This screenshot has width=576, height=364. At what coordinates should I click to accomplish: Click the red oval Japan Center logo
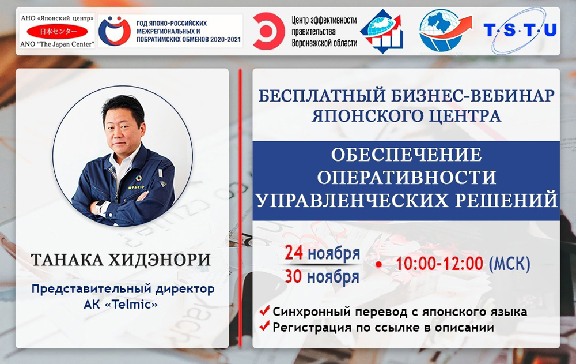pyautogui.click(x=57, y=32)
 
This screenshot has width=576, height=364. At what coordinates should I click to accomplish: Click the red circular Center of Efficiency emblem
pyautogui.click(x=268, y=31)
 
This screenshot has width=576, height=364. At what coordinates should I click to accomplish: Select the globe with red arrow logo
pyautogui.click(x=446, y=30)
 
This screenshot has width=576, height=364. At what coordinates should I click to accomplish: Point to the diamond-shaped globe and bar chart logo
pyautogui.click(x=382, y=31)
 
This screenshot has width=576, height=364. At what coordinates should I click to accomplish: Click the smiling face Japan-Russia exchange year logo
pyautogui.click(x=115, y=31)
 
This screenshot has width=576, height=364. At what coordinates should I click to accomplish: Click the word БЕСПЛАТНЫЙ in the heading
pyautogui.click(x=322, y=96)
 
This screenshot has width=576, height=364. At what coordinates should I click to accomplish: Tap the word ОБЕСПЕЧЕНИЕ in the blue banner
pyautogui.click(x=406, y=155)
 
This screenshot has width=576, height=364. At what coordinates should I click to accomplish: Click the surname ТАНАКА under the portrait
pyautogui.click(x=67, y=260)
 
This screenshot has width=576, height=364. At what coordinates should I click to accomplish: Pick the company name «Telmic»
pyautogui.click(x=131, y=305)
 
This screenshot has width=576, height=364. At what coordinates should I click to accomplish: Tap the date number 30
pyautogui.click(x=294, y=276)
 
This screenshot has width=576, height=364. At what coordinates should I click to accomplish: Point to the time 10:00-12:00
pyautogui.click(x=439, y=264)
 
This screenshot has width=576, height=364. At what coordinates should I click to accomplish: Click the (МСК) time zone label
pyautogui.click(x=510, y=264)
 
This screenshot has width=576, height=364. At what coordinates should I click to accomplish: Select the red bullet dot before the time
pyautogui.click(x=379, y=264)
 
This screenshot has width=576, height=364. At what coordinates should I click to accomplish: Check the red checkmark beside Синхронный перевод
pyautogui.click(x=264, y=310)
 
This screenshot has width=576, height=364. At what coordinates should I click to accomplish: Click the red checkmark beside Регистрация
pyautogui.click(x=264, y=325)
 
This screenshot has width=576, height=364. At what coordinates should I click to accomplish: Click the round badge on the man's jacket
pyautogui.click(x=138, y=178)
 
